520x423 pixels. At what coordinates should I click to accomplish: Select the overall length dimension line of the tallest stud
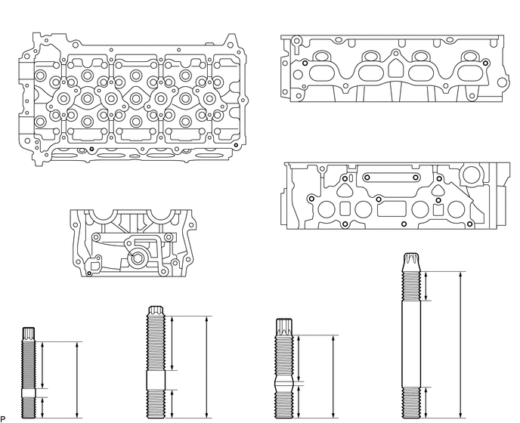(x=460, y=344)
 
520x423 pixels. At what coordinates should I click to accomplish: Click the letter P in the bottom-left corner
(x=3, y=418)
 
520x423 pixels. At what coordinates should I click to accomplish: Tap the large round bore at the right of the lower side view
(x=475, y=174)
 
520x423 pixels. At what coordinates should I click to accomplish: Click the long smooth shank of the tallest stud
(x=412, y=344)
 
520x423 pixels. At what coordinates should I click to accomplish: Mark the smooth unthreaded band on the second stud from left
(x=153, y=380)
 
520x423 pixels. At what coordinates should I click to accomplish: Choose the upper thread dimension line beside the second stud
(x=174, y=343)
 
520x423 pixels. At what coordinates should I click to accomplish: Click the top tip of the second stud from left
(x=153, y=309)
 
